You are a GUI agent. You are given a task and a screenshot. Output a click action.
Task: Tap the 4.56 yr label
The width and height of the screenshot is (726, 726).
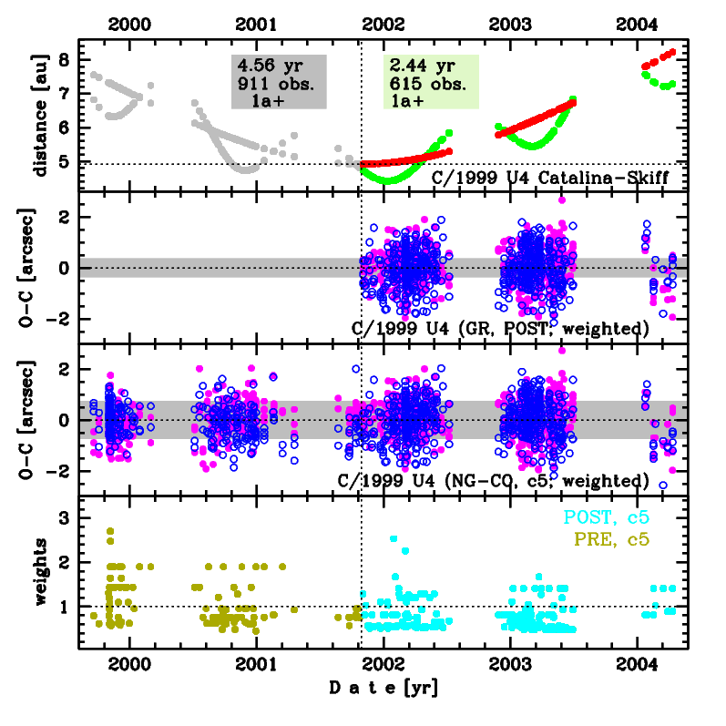(269, 66)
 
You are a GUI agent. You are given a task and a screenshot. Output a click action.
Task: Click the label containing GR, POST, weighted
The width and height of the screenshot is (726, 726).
(500, 327)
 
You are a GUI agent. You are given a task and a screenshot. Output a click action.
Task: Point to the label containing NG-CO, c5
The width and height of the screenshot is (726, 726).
(493, 480)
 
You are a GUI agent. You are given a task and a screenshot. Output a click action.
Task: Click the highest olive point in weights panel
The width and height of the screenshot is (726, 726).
(110, 530)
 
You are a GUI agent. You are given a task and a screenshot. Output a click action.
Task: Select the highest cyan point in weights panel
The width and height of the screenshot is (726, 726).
(394, 538)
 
